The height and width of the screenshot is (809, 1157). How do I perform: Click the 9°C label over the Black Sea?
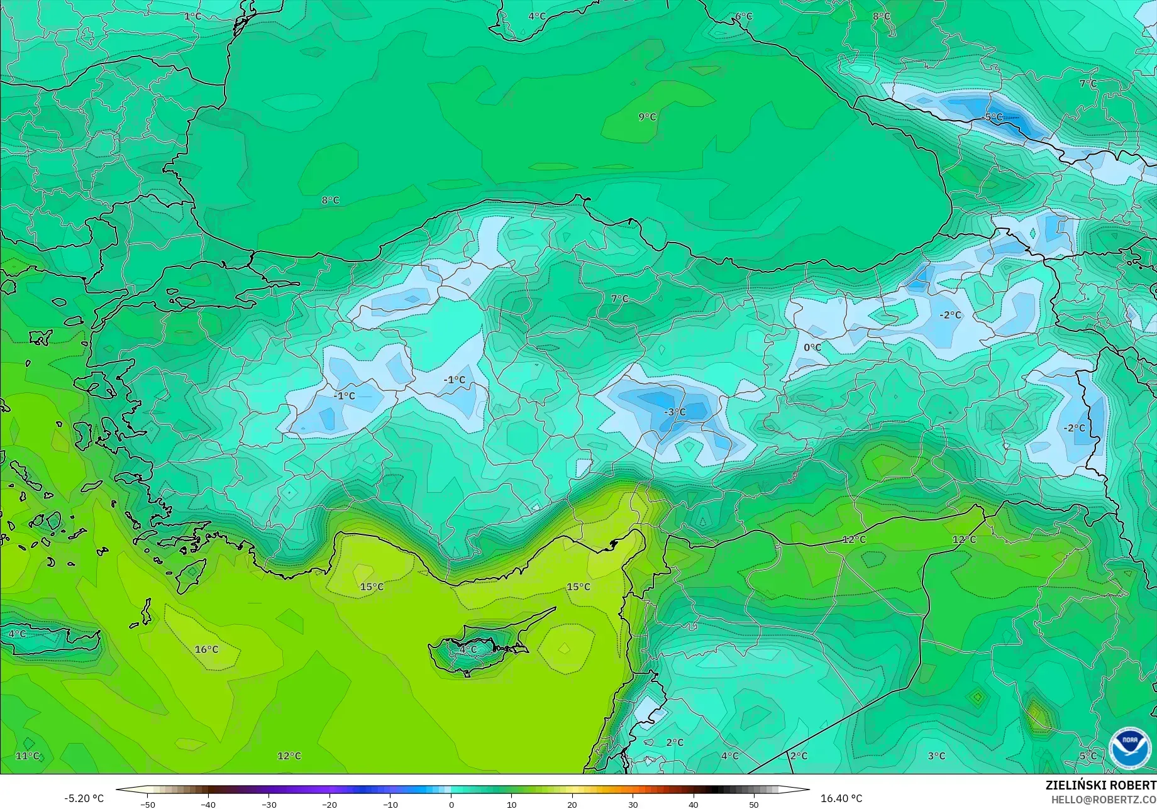coord(647,117)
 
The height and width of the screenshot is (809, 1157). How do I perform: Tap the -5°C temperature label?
coord(993,117)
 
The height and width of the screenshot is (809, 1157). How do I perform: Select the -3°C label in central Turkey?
coord(675,412)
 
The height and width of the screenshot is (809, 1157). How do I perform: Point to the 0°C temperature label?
coord(812,347)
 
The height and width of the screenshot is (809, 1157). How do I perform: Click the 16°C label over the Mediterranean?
coord(206,649)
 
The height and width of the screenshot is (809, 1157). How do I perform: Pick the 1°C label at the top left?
coord(193,16)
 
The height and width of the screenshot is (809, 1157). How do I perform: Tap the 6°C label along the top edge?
coord(744,16)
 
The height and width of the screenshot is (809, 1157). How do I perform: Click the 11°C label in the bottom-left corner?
coord(28,756)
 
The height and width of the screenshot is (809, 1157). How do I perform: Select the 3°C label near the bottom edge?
coord(936,756)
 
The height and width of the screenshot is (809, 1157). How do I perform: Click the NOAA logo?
coord(1129,748)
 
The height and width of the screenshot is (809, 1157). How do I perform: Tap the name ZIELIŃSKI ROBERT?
coord(1100,785)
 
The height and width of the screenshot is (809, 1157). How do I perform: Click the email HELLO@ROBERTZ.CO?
coord(1104,799)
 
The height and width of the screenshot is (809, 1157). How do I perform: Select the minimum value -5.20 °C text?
coord(84,798)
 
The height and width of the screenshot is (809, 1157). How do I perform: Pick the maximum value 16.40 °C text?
coord(841,798)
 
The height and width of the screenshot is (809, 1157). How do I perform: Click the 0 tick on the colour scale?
coord(451,804)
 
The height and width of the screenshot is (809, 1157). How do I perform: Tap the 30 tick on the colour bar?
coord(633,804)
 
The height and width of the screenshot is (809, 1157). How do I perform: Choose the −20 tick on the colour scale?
coord(329,804)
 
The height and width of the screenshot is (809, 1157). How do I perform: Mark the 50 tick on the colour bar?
coord(753,804)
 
